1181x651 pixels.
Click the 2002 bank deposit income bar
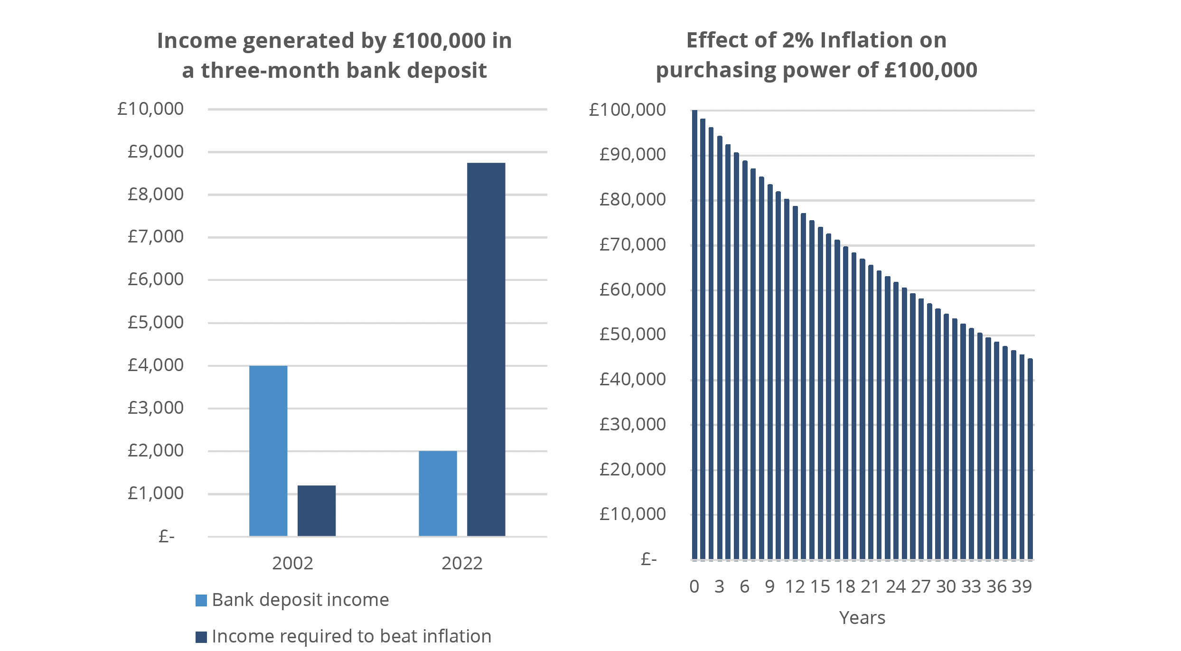268,451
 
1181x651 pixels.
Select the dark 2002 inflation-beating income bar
317,511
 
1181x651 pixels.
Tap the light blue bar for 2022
438,493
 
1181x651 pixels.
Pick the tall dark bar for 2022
486,349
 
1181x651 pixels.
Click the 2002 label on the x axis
292,563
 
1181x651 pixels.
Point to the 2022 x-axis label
462,563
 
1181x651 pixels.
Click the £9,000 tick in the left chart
155,152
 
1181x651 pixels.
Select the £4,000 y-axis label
155,365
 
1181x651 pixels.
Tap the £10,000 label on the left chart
150,109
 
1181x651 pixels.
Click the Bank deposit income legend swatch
201,600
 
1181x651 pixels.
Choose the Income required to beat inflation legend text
351,636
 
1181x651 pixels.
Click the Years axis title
862,618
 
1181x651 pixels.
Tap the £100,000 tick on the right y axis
627,110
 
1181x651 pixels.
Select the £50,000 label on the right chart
632,335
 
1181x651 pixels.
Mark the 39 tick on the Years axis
1022,587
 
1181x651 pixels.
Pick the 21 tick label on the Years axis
870,587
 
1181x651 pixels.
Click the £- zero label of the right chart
648,559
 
